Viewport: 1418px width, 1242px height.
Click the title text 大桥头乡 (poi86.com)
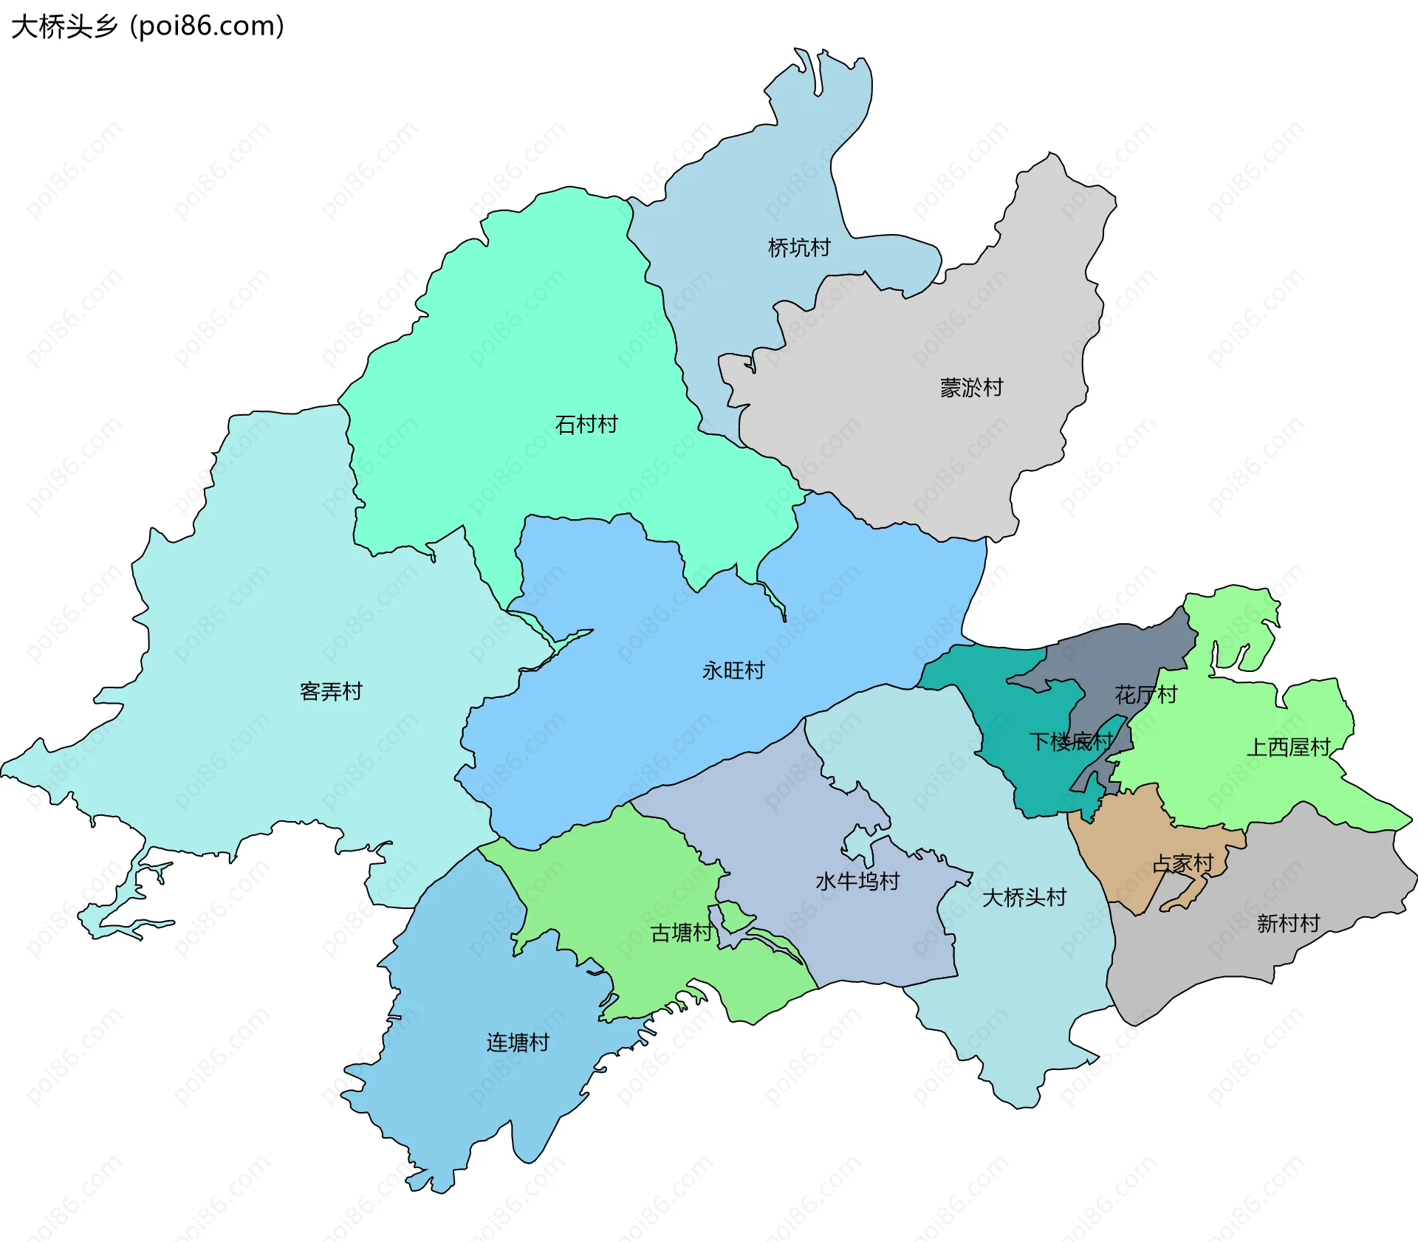click(x=148, y=27)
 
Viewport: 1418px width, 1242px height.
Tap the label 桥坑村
click(x=799, y=247)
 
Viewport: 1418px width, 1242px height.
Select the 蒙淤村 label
click(x=971, y=388)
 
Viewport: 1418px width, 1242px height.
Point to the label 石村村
click(x=586, y=425)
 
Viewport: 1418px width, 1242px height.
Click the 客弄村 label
click(x=331, y=692)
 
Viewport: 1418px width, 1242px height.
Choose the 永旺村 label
click(x=733, y=670)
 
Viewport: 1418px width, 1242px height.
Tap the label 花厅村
click(x=1145, y=695)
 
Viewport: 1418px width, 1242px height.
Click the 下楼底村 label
click(x=1071, y=741)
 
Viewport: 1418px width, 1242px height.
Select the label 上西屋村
click(x=1289, y=747)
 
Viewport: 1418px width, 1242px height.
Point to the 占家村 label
click(x=1183, y=863)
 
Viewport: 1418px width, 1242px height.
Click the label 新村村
click(x=1288, y=923)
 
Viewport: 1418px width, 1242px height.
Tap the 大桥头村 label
click(x=1024, y=898)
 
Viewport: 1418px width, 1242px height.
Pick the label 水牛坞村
click(x=857, y=881)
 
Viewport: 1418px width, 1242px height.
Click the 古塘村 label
click(x=682, y=933)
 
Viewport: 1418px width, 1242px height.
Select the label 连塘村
click(x=518, y=1043)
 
